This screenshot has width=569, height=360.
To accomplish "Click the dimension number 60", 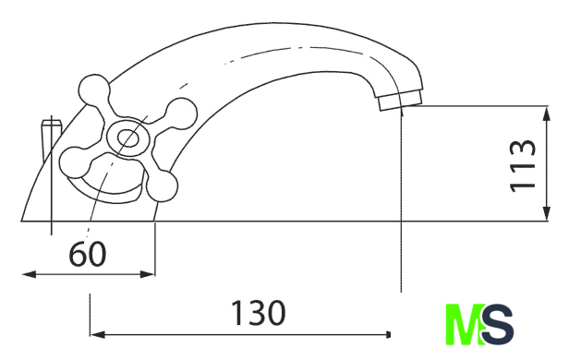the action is click(88, 254).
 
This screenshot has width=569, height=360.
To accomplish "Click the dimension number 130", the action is click(258, 313).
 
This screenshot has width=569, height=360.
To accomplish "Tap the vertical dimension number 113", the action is click(523, 165).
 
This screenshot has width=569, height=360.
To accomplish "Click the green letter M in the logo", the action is click(464, 324).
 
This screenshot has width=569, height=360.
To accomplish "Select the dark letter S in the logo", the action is click(497, 324).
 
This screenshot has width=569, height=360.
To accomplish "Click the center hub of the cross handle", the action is click(127, 138).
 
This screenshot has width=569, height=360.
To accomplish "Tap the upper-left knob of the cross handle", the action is click(93, 90).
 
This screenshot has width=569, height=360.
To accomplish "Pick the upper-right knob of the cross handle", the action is click(181, 114).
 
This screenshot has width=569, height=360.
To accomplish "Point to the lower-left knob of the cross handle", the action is click(74, 162).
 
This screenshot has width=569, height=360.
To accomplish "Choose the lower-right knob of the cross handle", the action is click(163, 186).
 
